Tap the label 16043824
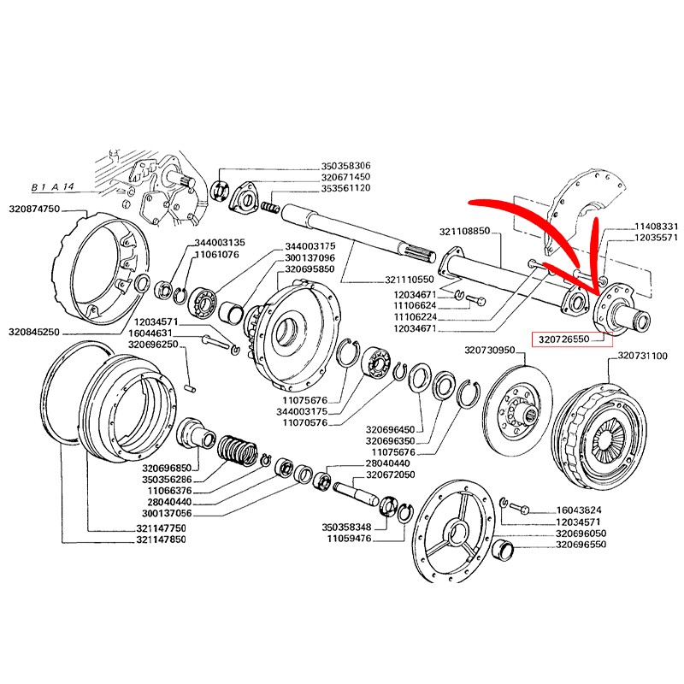[583, 508]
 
